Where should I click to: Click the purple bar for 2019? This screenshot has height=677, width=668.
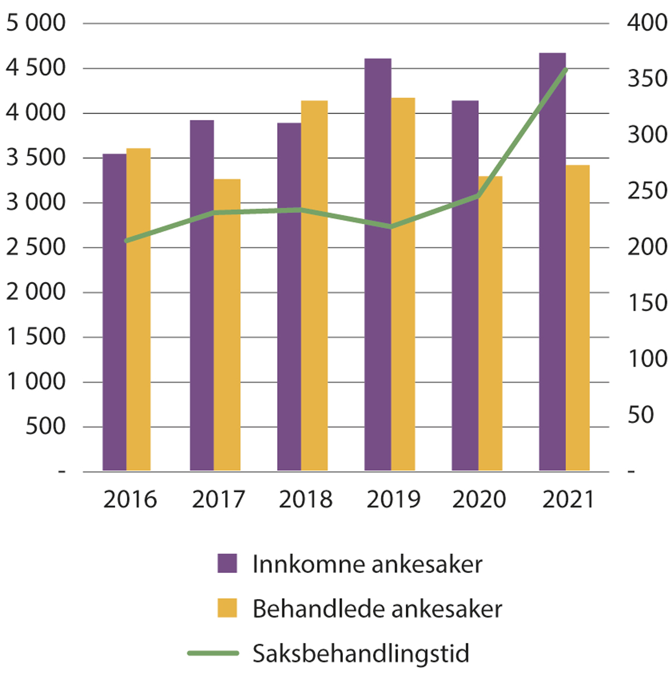click(x=377, y=264)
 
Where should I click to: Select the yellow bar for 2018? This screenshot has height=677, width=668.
click(x=315, y=285)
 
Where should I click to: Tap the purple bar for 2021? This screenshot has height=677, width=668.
click(x=552, y=261)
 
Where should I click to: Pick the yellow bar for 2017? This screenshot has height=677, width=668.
click(x=227, y=325)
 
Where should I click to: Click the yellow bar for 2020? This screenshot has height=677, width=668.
click(x=490, y=323)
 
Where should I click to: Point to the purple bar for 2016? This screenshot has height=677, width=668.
click(x=115, y=312)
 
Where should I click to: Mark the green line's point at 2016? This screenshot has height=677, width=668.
click(x=127, y=241)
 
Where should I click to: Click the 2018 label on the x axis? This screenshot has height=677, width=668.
click(x=306, y=500)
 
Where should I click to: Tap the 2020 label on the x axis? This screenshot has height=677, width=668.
click(x=479, y=500)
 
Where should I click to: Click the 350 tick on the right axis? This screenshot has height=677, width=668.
click(x=647, y=79)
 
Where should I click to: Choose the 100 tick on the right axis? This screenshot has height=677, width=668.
click(x=647, y=359)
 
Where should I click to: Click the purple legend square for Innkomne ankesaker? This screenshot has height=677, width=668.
click(x=227, y=564)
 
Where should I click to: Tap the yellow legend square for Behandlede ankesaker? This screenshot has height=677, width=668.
click(x=227, y=608)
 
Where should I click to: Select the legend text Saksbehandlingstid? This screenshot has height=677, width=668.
click(x=361, y=653)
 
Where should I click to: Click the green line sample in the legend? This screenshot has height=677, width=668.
click(x=213, y=653)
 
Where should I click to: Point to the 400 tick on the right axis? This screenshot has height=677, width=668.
click(x=647, y=23)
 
